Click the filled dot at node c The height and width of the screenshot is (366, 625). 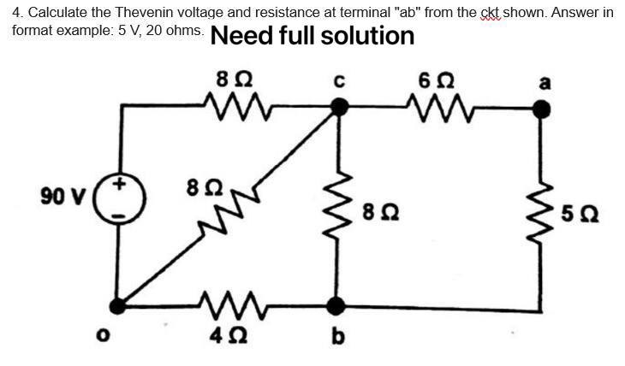click(x=340, y=108)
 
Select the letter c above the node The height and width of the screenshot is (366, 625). click(x=339, y=82)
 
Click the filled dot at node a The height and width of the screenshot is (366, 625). click(x=540, y=109)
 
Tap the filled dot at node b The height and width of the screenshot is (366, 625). click(x=339, y=304)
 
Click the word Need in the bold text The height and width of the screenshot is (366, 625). click(x=239, y=37)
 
